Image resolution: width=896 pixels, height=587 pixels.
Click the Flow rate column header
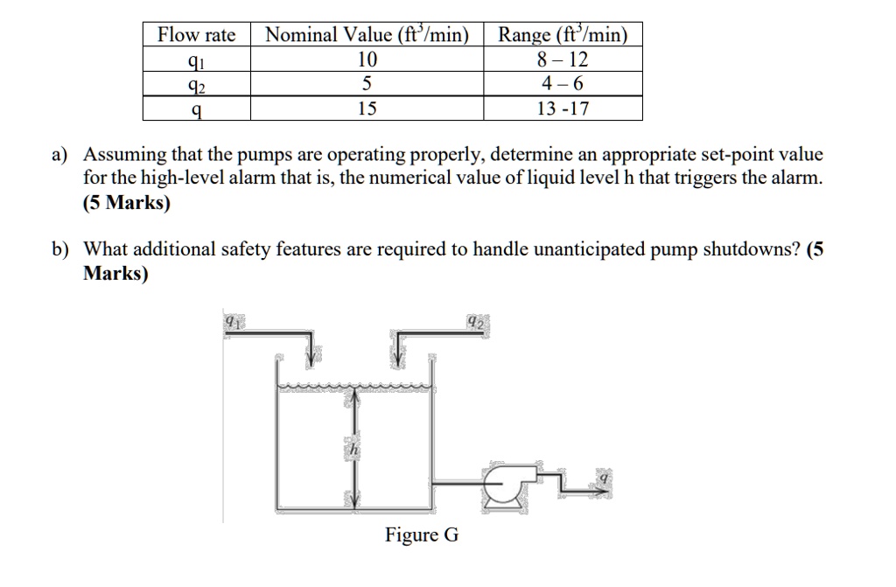point(197,35)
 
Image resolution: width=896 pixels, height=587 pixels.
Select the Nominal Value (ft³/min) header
point(367,35)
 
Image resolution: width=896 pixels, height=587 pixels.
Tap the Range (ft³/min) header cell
point(563,35)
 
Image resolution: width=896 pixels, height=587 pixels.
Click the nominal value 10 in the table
point(367,59)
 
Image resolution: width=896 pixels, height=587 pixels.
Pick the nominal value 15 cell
point(367,108)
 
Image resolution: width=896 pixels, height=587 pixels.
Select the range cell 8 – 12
point(563,59)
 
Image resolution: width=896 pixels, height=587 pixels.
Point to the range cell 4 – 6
point(563,84)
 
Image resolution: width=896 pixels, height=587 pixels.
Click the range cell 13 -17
point(563,108)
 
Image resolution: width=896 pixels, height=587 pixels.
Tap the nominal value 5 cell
point(367,84)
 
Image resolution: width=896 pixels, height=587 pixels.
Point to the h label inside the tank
point(353,449)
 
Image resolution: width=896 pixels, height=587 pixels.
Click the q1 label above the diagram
point(231,323)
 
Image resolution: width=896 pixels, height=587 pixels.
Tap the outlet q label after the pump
point(603,478)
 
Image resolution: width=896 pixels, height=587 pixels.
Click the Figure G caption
point(421,535)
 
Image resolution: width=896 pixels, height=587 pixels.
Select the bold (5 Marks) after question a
point(127,203)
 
